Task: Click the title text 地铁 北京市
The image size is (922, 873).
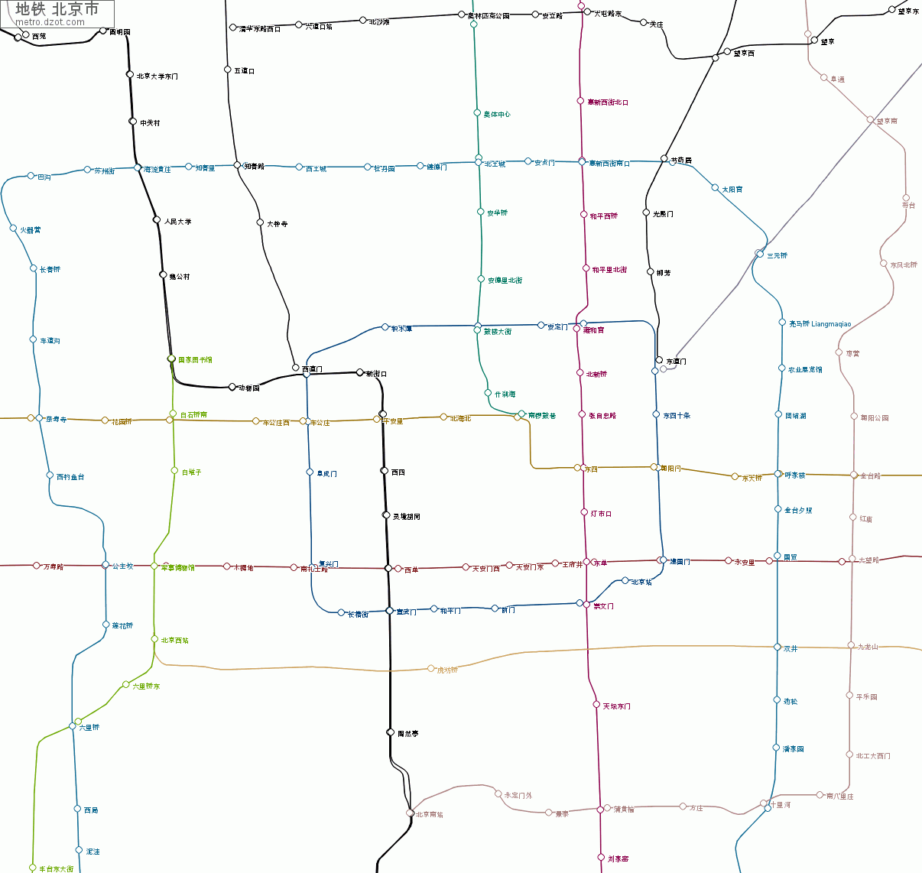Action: [x=57, y=9]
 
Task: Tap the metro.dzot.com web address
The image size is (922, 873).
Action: [x=50, y=22]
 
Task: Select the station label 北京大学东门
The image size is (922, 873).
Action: [x=157, y=76]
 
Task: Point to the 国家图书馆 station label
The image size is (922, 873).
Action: [x=195, y=359]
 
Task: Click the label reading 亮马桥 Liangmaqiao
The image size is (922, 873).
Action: [x=820, y=324]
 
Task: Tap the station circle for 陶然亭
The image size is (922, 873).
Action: [x=390, y=732]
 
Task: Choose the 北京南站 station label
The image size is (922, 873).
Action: [x=429, y=815]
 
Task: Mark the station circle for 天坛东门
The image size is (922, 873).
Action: [x=596, y=705]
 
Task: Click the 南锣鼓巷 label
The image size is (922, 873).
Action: [x=542, y=416]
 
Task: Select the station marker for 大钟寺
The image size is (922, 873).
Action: [x=260, y=222]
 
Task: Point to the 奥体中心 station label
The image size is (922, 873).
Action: [x=496, y=115]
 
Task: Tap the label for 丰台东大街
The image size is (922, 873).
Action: [x=57, y=869]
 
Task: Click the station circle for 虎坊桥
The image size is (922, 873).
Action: [x=431, y=668]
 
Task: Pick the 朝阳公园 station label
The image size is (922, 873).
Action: [x=875, y=418]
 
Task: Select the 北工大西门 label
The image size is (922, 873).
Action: [x=873, y=756]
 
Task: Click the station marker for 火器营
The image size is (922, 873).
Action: [x=13, y=228]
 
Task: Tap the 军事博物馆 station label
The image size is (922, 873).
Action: [x=177, y=568]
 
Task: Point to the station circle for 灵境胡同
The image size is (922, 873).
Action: [x=386, y=515]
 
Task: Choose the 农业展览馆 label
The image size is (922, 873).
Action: [x=805, y=370]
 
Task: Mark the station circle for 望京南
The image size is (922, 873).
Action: [x=870, y=119]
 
